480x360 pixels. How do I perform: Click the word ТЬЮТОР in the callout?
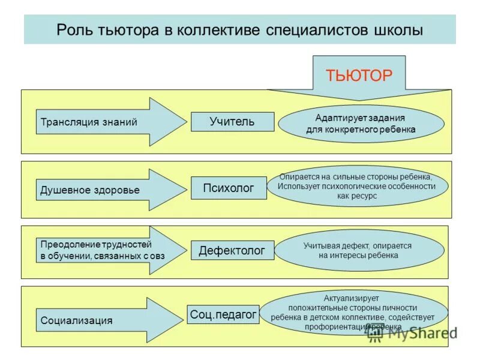click(x=359, y=75)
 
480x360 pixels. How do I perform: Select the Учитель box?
click(x=232, y=122)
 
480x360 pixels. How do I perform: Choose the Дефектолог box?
click(x=232, y=250)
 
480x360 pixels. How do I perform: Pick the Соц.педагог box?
click(x=223, y=314)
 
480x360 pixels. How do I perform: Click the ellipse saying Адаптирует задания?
click(x=361, y=124)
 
